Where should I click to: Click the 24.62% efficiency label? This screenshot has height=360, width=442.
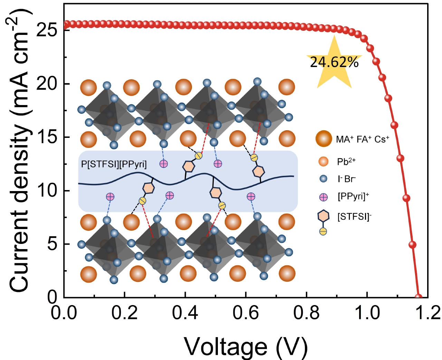[334, 62]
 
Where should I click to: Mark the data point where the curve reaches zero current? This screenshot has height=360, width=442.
[418, 297]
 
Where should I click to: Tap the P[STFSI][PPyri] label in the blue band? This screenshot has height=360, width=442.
[114, 164]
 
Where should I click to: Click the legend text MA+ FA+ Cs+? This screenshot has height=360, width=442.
[362, 139]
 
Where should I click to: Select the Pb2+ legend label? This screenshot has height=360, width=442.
[346, 161]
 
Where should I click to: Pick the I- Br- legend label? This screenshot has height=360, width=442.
[346, 179]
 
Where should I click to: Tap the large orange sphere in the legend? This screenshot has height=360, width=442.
[324, 139]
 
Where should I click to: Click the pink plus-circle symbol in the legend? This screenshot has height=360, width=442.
[324, 197]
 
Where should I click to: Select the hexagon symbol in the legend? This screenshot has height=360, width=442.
[324, 216]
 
